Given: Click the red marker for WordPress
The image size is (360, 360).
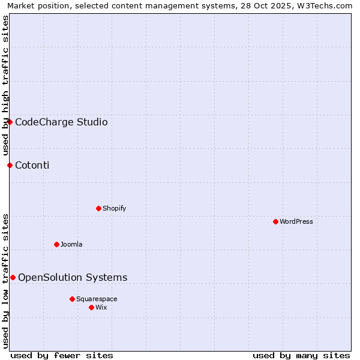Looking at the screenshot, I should click(275, 221).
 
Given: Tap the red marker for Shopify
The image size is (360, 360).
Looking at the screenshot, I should click(98, 208).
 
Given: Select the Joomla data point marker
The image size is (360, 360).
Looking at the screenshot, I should click(56, 244).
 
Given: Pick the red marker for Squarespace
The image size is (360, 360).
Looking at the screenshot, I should click(72, 299).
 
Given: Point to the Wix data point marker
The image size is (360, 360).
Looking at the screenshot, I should click(91, 307).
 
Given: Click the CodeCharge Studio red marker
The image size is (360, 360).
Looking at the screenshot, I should click(10, 122).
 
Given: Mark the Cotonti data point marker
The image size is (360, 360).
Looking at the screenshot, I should click(10, 165).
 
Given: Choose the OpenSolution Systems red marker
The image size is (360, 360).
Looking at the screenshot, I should click(13, 277).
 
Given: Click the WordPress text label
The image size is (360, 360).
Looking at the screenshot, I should click(296, 221).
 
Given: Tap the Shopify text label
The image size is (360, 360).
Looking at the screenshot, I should click(114, 208).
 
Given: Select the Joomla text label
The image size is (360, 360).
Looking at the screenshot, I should click(71, 244).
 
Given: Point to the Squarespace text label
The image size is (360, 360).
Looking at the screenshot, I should click(97, 299).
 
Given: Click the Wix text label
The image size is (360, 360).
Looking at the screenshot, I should click(101, 307).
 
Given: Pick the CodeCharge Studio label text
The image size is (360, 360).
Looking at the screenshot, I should click(61, 122).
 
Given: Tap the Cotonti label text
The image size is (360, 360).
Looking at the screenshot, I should click(32, 166).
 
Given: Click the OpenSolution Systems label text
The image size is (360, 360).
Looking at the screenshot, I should click(73, 277).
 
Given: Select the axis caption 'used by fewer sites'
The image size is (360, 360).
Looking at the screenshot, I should click(62, 355).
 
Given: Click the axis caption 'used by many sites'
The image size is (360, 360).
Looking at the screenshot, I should click(301, 355).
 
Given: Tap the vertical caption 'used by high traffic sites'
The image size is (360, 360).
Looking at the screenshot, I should click(5, 86).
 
